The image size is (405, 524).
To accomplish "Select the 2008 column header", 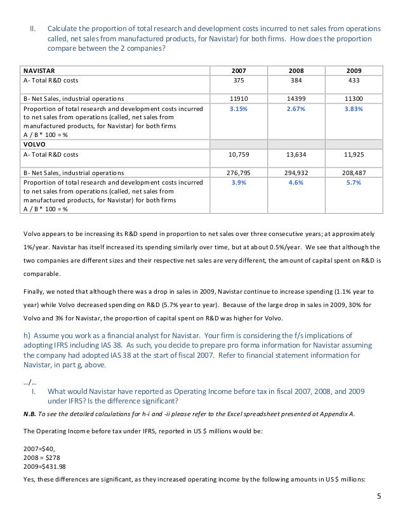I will point(296,70).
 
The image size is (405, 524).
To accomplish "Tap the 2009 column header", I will point(354,70).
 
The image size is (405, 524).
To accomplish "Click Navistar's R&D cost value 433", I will point(354,80).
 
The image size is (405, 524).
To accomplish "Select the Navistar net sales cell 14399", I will point(296,99).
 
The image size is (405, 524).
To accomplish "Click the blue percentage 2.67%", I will point(296,109).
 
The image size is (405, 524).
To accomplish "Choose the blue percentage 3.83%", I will point(354,109).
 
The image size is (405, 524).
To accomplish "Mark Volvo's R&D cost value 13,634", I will point(296,154).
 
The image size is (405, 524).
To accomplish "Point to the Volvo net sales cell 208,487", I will point(354,173).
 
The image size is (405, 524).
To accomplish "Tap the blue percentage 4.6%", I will point(296,183).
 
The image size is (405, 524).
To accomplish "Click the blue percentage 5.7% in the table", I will point(354,183).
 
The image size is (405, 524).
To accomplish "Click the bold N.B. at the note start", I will point(28,414).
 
